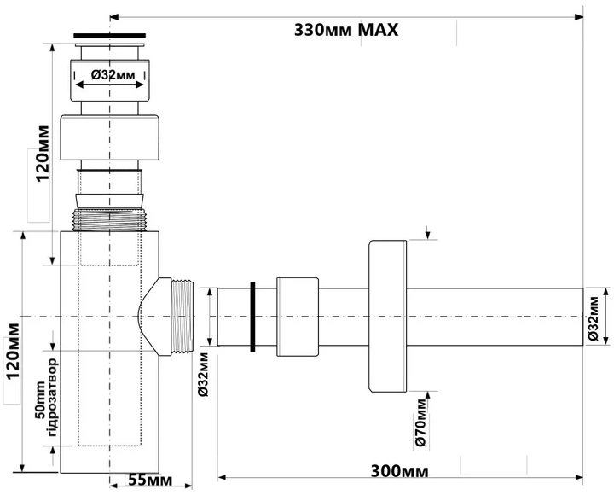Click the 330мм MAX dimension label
click(x=346, y=30)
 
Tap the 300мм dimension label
click(x=399, y=471)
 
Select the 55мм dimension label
click(x=150, y=480)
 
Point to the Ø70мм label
click(x=420, y=423)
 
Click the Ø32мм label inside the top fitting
click(x=113, y=74)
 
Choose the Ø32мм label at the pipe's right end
click(x=594, y=317)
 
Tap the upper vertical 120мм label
click(x=43, y=154)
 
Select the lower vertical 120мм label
click(x=13, y=351)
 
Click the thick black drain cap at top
click(x=110, y=36)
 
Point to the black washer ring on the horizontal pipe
click(x=252, y=317)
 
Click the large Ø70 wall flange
click(x=388, y=316)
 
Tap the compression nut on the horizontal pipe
click(x=298, y=317)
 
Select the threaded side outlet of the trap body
click(x=182, y=317)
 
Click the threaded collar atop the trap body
click(x=110, y=219)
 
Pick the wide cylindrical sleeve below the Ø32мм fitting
click(x=110, y=137)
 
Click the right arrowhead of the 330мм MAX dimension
click(x=579, y=17)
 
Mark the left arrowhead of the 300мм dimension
click(x=223, y=477)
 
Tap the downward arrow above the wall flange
click(x=427, y=232)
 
